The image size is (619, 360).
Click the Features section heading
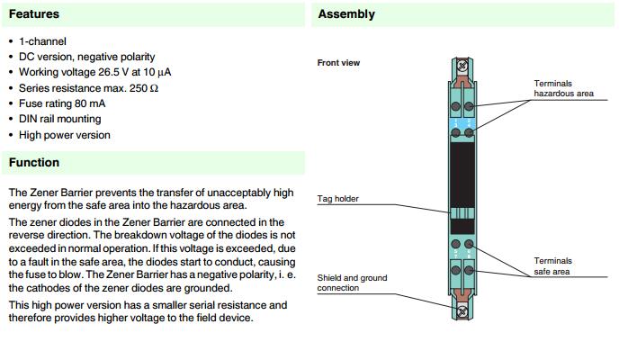(x=33, y=14)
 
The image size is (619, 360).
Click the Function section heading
(x=34, y=162)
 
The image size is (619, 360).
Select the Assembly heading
(x=346, y=14)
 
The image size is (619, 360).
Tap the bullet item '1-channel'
(x=42, y=41)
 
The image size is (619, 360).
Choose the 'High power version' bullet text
(x=65, y=135)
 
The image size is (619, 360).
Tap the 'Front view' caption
(x=338, y=63)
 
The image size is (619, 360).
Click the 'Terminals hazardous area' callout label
(x=564, y=88)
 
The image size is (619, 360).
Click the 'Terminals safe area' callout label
(x=553, y=265)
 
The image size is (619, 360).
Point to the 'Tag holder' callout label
(x=338, y=199)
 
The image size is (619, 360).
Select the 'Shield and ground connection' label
(x=352, y=283)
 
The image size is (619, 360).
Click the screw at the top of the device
(x=463, y=66)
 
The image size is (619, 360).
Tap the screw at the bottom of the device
(x=463, y=312)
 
